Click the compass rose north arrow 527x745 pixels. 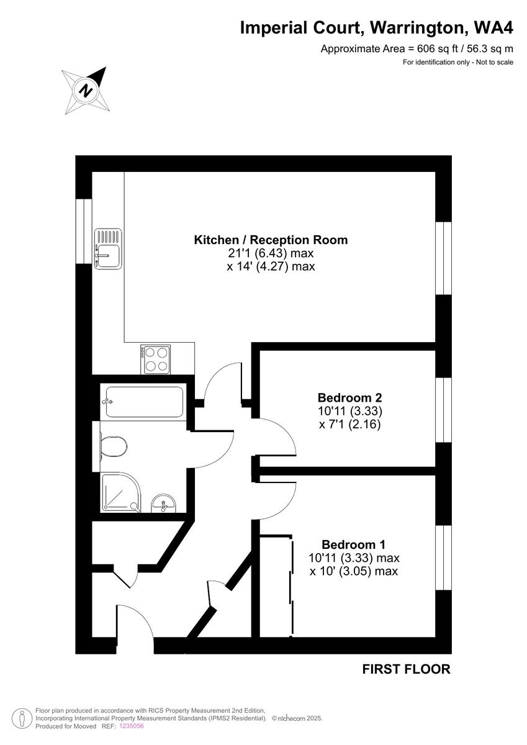pos(86,91)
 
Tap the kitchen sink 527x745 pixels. pos(108,249)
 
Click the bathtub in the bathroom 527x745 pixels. pos(143,401)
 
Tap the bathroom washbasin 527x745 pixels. pos(164,503)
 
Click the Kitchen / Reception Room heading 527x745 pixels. pos(271,240)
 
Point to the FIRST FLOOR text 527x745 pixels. pos(406,669)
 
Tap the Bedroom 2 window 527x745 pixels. pos(443,409)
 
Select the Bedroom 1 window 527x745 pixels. pos(443,558)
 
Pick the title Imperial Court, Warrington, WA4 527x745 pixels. pos(377,28)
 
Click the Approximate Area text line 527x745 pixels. pos(417,49)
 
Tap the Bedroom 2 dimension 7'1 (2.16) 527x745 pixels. pos(349,425)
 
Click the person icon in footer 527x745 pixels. pos(22,719)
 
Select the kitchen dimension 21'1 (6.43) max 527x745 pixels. pos(271,253)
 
